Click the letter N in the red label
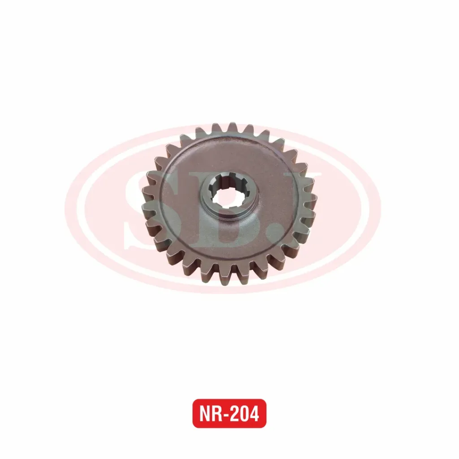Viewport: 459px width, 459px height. click(205, 414)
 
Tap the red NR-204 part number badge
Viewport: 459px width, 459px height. click(229, 413)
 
